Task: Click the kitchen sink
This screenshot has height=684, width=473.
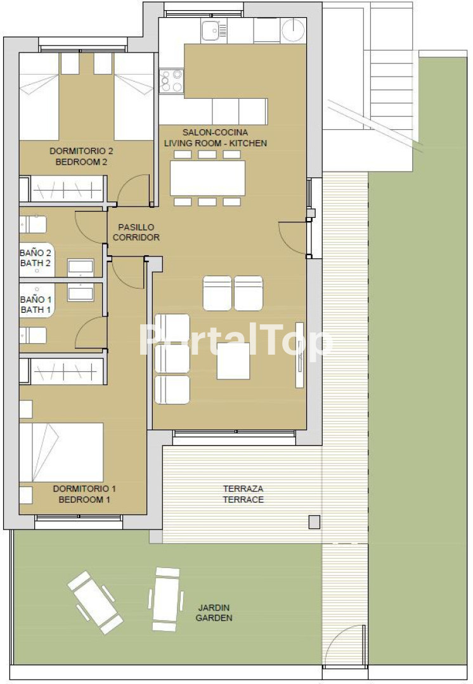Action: point(214,30)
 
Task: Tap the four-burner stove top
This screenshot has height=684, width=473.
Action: point(171,82)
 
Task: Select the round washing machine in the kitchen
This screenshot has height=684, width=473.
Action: point(293,30)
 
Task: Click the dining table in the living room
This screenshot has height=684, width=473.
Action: point(207,178)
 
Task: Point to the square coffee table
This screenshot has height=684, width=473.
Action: point(233,361)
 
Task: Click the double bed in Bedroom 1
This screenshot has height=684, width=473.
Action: point(61,452)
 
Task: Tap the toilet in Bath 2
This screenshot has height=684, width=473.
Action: point(33,224)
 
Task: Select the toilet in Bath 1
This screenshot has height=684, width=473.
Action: point(33,336)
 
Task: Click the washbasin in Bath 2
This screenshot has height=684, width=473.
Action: point(81,268)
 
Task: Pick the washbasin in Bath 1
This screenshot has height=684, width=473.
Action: point(81,292)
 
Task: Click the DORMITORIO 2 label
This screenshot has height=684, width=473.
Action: point(81,151)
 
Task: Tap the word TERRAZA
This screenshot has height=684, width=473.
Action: point(243,489)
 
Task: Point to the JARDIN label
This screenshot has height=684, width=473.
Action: point(214,607)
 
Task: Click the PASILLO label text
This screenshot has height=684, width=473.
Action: point(136,227)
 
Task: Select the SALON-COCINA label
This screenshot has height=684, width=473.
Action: point(215,132)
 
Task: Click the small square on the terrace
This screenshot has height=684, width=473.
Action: point(314,522)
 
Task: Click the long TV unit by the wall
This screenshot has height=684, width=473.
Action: point(300,355)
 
